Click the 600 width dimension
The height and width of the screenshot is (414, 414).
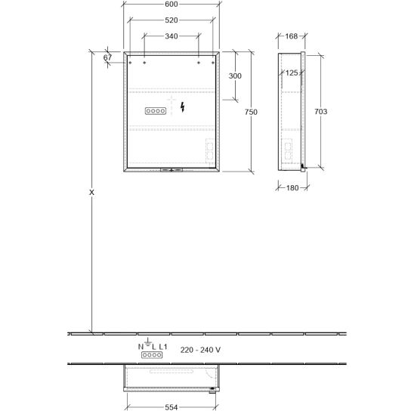pos(171,5)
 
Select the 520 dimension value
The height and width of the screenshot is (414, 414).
pos(171,20)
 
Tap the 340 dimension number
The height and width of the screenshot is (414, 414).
pos(171,36)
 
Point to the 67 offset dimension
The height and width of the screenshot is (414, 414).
pos(107,57)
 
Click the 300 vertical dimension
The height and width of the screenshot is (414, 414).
pos(235,76)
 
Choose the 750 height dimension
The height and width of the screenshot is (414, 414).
pos(251,112)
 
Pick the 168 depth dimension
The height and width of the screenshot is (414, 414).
pos(291,36)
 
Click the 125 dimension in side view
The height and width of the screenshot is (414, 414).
pos(292,73)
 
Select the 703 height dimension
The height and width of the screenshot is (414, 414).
pos(320,112)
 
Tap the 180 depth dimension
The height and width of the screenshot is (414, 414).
pos(292,187)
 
